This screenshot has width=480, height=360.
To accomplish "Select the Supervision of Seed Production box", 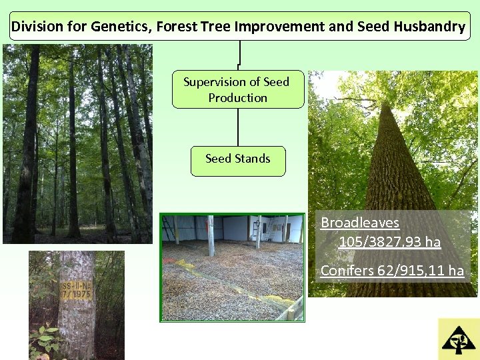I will pyautogui.click(x=237, y=89).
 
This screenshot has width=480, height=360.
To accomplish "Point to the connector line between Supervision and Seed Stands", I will pyautogui.click(x=238, y=127).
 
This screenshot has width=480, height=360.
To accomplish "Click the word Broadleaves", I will pyautogui.click(x=359, y=223).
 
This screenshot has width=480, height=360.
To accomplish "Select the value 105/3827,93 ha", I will pyautogui.click(x=389, y=241).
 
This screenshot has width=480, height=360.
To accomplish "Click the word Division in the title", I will pyautogui.click(x=34, y=27).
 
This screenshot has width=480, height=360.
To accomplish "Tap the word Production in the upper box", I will pyautogui.click(x=237, y=97).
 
